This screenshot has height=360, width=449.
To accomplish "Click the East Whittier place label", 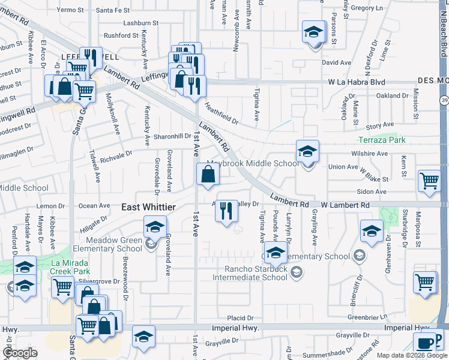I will (x=148, y=207).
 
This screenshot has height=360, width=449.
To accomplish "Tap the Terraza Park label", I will (x=381, y=140).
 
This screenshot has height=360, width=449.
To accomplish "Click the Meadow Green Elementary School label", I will (x=107, y=244).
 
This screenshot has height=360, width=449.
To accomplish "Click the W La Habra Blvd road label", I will (x=357, y=82).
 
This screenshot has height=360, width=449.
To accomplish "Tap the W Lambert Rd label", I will (x=345, y=205).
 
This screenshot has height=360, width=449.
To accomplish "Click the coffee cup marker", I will (x=425, y=344).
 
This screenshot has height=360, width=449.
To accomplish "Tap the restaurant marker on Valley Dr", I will (x=226, y=211).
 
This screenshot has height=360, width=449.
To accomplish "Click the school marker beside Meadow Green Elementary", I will (x=155, y=228).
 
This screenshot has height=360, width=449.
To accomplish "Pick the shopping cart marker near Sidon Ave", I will (x=429, y=181).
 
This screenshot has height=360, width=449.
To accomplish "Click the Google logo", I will (x=20, y=352).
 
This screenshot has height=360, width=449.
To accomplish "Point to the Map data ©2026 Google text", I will (x=411, y=355).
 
